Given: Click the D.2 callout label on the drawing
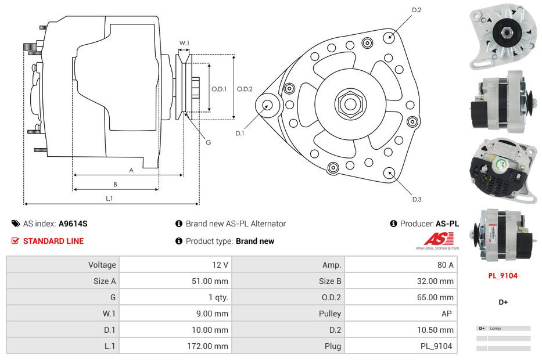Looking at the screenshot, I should point(417,10).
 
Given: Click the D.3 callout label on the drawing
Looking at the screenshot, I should point(417,199).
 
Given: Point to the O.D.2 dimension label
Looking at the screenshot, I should point(245,89).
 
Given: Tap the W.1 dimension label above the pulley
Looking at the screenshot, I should point(184,43).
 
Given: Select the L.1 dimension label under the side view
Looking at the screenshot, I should point(109,199).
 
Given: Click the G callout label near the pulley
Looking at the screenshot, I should point(208,143).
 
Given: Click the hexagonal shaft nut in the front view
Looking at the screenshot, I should point(350,104).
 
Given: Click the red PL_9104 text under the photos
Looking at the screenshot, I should point(502,276).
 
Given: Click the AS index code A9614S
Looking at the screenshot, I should point(73,224).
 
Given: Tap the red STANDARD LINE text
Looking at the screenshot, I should point(53,241).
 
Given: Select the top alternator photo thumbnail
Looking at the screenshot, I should point(502,37).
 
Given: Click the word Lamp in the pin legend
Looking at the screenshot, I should point(496,329).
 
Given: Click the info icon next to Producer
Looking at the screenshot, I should point(393,224).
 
